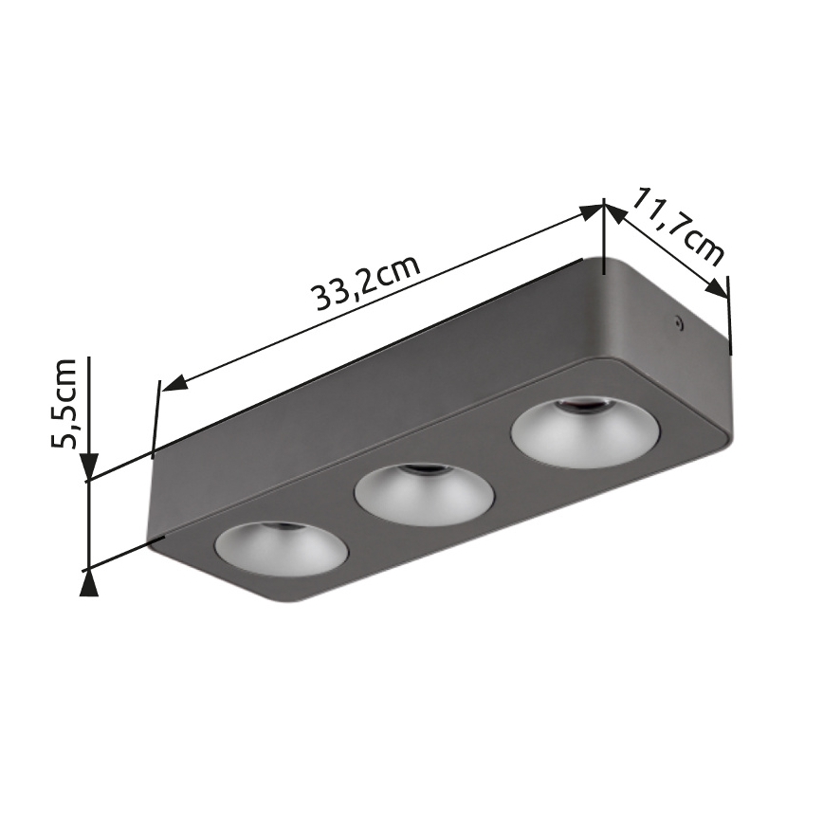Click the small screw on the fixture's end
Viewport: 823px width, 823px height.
point(678,322)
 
